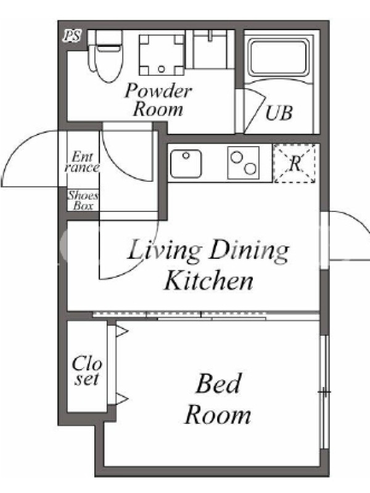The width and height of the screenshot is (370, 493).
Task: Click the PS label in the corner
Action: (x=72, y=36)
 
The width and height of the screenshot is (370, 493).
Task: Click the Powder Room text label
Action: (x=158, y=100)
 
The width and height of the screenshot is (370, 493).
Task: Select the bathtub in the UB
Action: (x=278, y=57)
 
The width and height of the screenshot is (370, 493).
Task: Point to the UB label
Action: (x=279, y=113)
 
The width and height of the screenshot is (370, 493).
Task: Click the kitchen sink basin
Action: (x=186, y=163)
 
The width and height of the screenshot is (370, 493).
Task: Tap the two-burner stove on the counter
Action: (x=243, y=163)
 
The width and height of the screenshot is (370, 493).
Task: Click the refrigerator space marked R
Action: (x=295, y=163)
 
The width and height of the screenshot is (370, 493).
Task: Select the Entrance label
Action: (x=82, y=161)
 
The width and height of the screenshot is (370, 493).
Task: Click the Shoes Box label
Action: (x=83, y=200)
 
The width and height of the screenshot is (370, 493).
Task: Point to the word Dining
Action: (x=249, y=251)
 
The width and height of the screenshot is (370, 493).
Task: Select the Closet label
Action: (x=87, y=371)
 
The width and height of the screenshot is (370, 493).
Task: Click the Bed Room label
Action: (x=218, y=399)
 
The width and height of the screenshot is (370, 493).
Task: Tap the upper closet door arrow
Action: (x=122, y=331)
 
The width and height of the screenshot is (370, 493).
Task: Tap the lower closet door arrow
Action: (x=122, y=399)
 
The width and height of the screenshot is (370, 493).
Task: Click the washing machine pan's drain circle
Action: (x=162, y=69)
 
